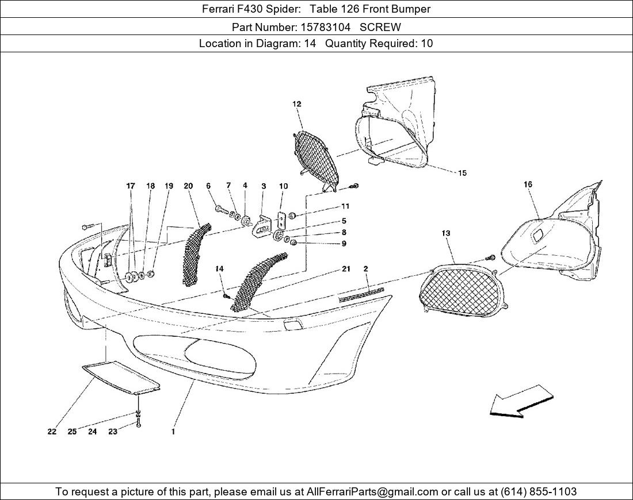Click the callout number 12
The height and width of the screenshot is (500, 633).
[297, 104]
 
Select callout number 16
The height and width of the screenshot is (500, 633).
[528, 184]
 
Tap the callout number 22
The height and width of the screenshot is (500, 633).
[52, 432]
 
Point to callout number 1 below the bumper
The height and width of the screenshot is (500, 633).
[173, 432]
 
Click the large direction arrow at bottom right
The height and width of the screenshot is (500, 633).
[521, 401]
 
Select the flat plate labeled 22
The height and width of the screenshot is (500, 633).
[120, 377]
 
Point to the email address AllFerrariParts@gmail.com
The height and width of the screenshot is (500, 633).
[373, 491]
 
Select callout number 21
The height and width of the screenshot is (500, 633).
[346, 268]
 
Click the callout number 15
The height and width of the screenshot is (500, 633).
[462, 173]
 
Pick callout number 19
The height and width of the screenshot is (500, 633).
[169, 186]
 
